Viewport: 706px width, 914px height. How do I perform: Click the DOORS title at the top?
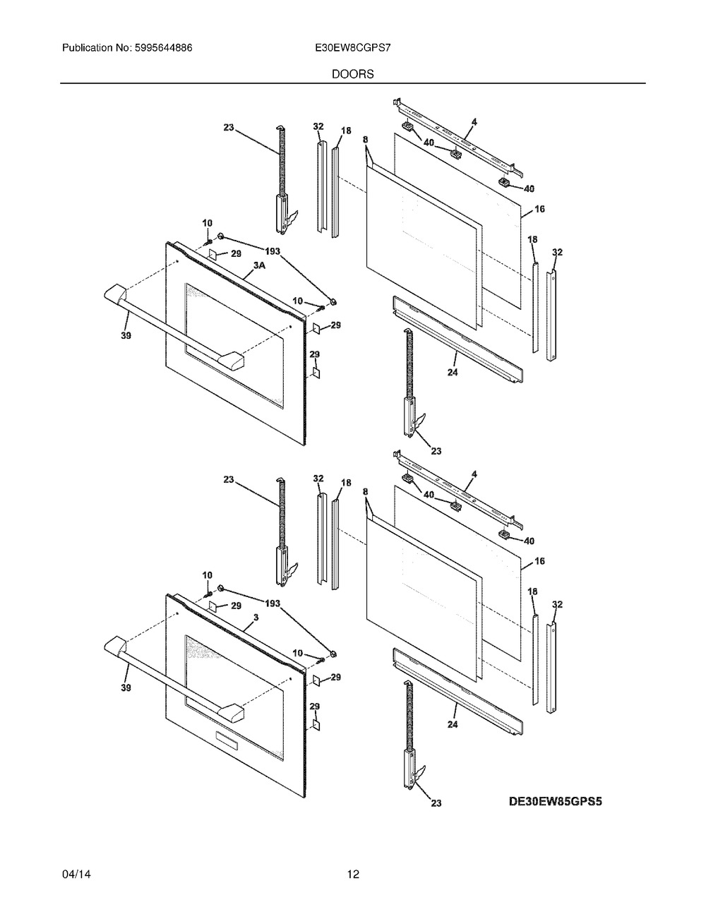tap(352, 73)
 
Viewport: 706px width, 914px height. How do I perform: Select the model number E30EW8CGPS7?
tap(352, 49)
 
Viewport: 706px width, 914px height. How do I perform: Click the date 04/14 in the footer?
tap(76, 874)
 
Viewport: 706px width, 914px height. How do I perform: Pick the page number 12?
tap(353, 874)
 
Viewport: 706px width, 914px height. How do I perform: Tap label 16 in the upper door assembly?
tap(539, 209)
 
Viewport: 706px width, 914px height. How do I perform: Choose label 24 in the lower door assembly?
tap(452, 724)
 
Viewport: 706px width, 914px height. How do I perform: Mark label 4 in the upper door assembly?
tap(474, 121)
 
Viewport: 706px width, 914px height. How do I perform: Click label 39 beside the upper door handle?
tap(126, 336)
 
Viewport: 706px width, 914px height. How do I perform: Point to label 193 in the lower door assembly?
tap(273, 603)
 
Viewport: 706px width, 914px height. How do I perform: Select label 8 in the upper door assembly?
tap(366, 140)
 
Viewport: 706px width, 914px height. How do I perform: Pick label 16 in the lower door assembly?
tap(539, 561)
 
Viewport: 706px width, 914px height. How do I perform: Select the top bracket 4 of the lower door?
tap(459, 487)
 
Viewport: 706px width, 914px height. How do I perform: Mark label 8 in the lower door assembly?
tap(366, 491)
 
